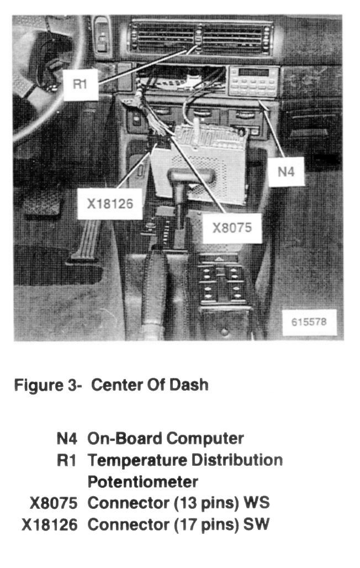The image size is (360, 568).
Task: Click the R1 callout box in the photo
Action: pos(81,86)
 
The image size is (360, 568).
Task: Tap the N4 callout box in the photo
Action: pos(286,171)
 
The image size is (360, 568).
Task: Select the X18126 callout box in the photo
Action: pos(110,203)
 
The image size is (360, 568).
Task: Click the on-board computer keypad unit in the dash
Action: pos(253,82)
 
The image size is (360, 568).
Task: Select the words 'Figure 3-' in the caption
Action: pos(47,385)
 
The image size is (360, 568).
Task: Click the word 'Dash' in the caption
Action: pos(193,385)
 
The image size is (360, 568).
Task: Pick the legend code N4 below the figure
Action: pos(68,439)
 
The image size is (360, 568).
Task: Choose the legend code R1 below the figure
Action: pos(68,460)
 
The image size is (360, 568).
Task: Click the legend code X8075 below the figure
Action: pos(53,503)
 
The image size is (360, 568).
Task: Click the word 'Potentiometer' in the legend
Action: pos(142,482)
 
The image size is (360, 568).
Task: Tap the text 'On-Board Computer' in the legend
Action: pos(166,439)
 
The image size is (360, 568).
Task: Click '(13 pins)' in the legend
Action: pos(207,503)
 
